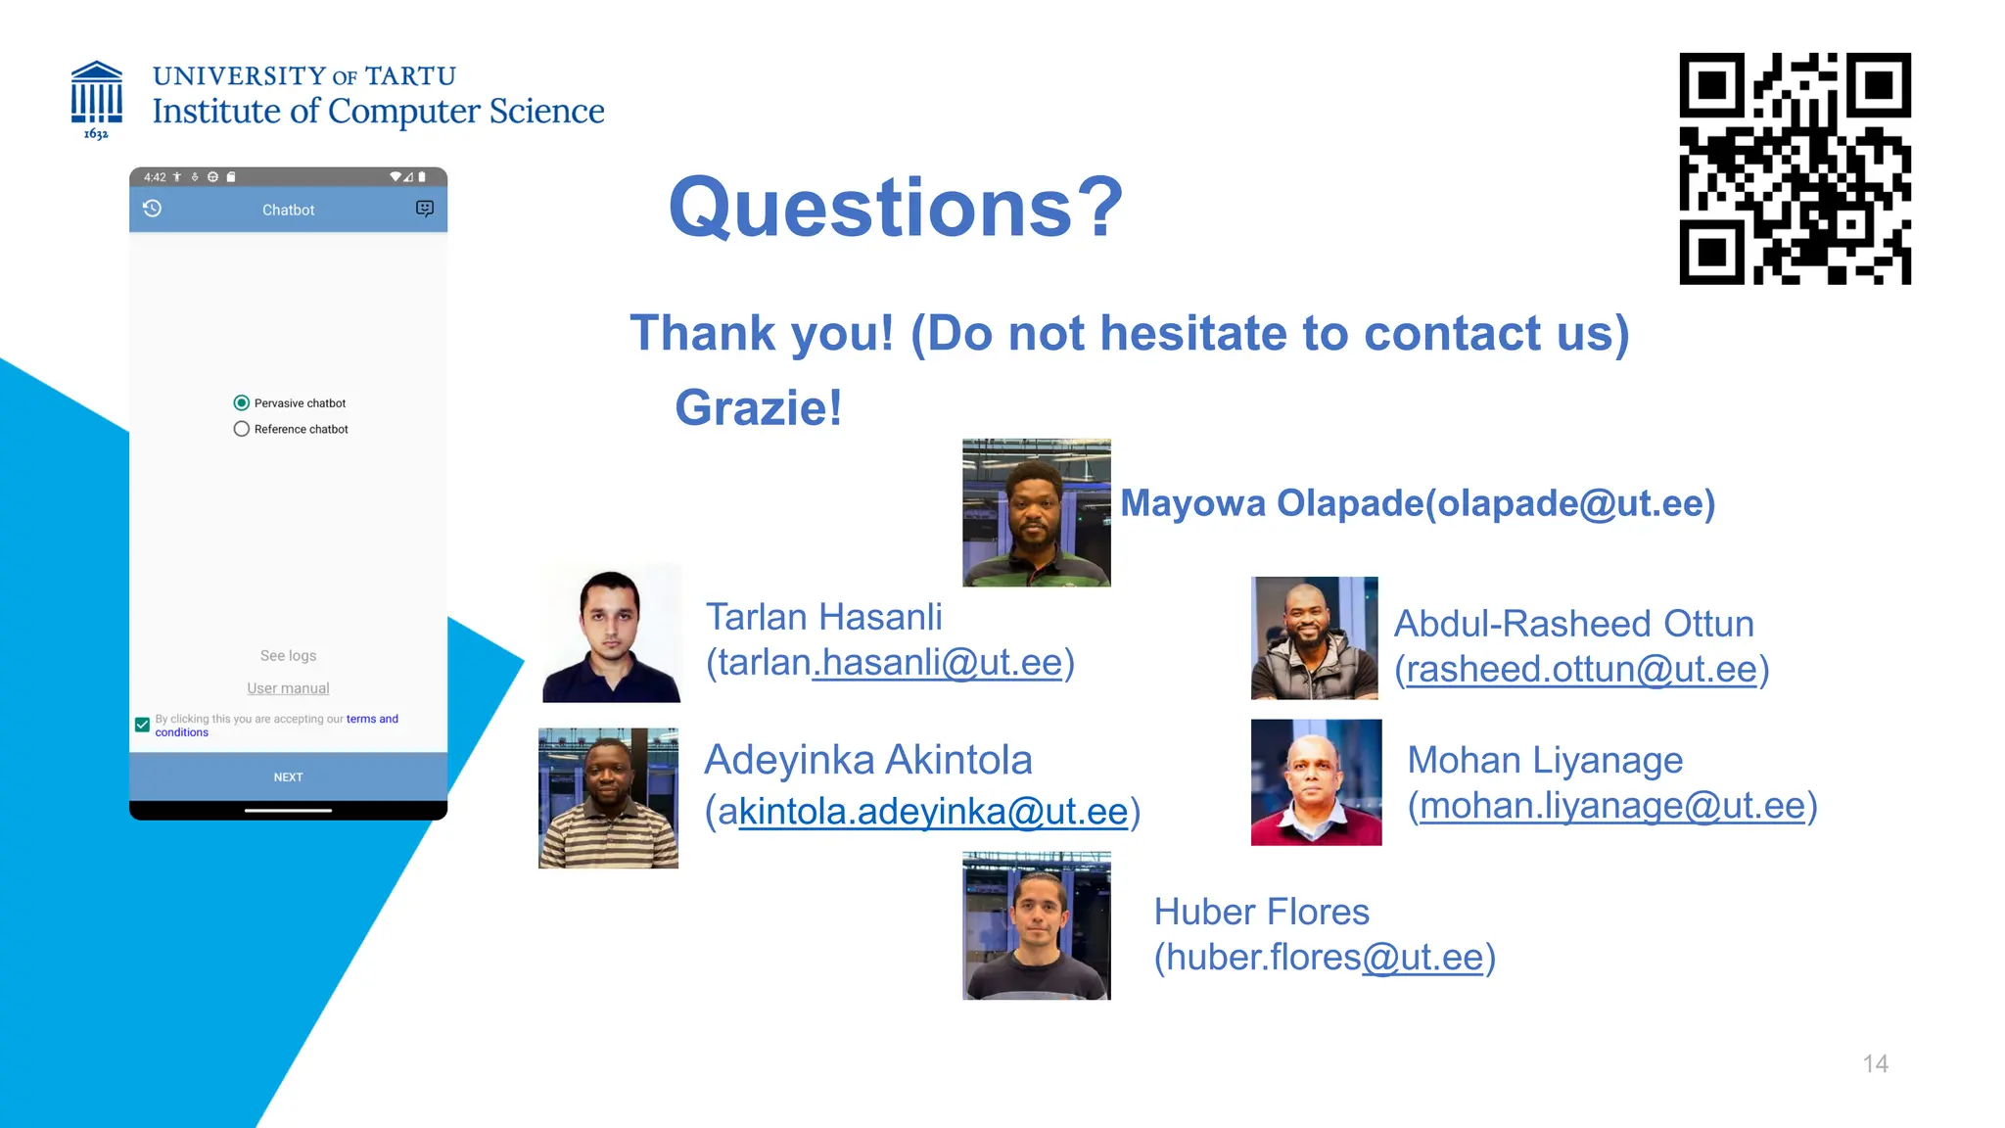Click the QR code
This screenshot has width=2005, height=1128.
tap(1795, 168)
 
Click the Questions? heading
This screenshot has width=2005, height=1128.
tap(895, 208)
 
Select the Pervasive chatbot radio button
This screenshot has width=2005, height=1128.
tap(242, 403)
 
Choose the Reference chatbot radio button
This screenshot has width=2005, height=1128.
tap(242, 429)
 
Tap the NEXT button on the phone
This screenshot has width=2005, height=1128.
tap(288, 776)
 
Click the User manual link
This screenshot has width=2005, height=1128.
tap(288, 688)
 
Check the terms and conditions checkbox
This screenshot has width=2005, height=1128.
tap(142, 725)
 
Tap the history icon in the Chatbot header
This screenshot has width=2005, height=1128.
tap(152, 209)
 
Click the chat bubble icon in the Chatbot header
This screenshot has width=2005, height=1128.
tap(424, 209)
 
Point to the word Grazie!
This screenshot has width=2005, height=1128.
tap(758, 407)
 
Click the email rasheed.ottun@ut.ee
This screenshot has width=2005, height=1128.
tap(1581, 670)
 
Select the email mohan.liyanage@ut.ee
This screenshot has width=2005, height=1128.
tap(1611, 806)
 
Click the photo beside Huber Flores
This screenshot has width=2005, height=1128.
tap(1036, 925)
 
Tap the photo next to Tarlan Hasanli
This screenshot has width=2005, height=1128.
tap(611, 634)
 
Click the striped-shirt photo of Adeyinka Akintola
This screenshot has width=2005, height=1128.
tap(608, 798)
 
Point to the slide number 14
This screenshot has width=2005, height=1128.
tap(1875, 1063)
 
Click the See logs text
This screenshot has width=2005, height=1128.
tap(288, 655)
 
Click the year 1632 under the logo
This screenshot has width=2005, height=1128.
tap(96, 134)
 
